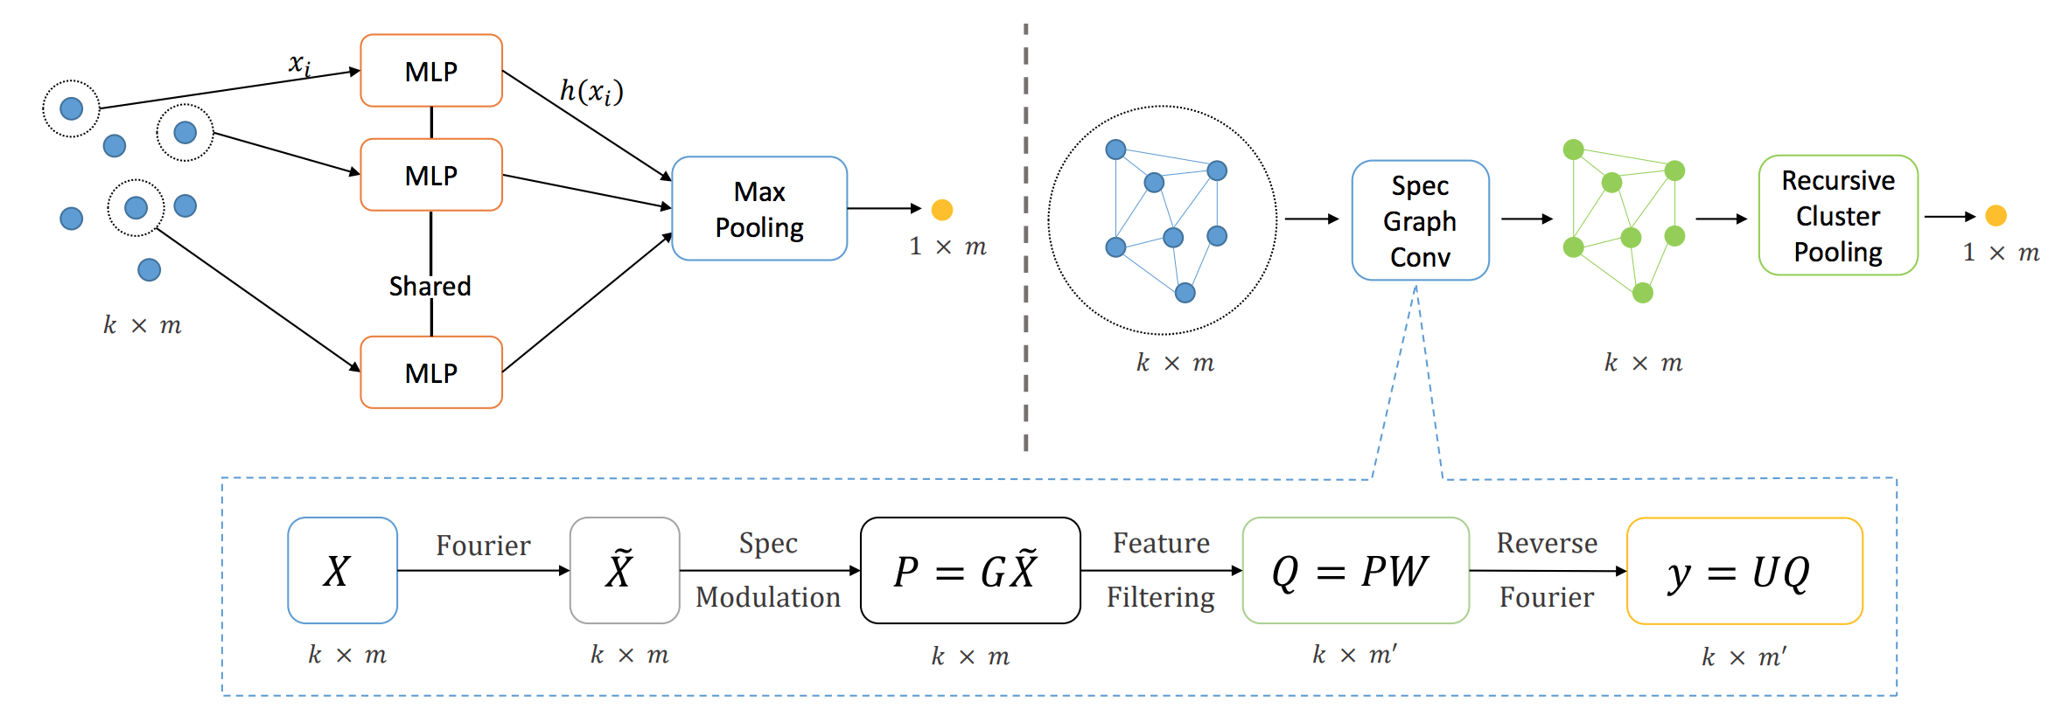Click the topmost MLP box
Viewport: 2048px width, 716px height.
431,71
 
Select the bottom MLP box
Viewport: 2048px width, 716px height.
431,372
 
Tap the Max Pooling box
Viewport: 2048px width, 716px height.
759,209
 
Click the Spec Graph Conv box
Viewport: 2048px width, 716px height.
1420,220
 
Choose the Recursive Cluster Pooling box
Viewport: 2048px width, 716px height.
1838,216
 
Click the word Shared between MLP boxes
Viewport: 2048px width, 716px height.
430,286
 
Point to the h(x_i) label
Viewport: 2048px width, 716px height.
591,91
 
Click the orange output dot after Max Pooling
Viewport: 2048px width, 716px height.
942,210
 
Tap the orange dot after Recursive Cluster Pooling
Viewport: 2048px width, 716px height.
1996,216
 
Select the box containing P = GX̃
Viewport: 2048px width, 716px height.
970,571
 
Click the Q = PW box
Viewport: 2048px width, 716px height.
1355,571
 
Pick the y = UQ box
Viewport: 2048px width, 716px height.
1744,572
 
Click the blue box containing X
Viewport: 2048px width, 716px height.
342,571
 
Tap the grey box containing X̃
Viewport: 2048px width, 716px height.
624,571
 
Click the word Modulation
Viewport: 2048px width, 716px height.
767,597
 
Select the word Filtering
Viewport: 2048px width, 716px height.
1160,597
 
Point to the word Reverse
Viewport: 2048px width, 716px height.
1547,543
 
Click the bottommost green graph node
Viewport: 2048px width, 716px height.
1643,293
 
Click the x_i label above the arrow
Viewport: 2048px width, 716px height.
300,64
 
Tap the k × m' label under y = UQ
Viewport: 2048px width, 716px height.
1744,657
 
